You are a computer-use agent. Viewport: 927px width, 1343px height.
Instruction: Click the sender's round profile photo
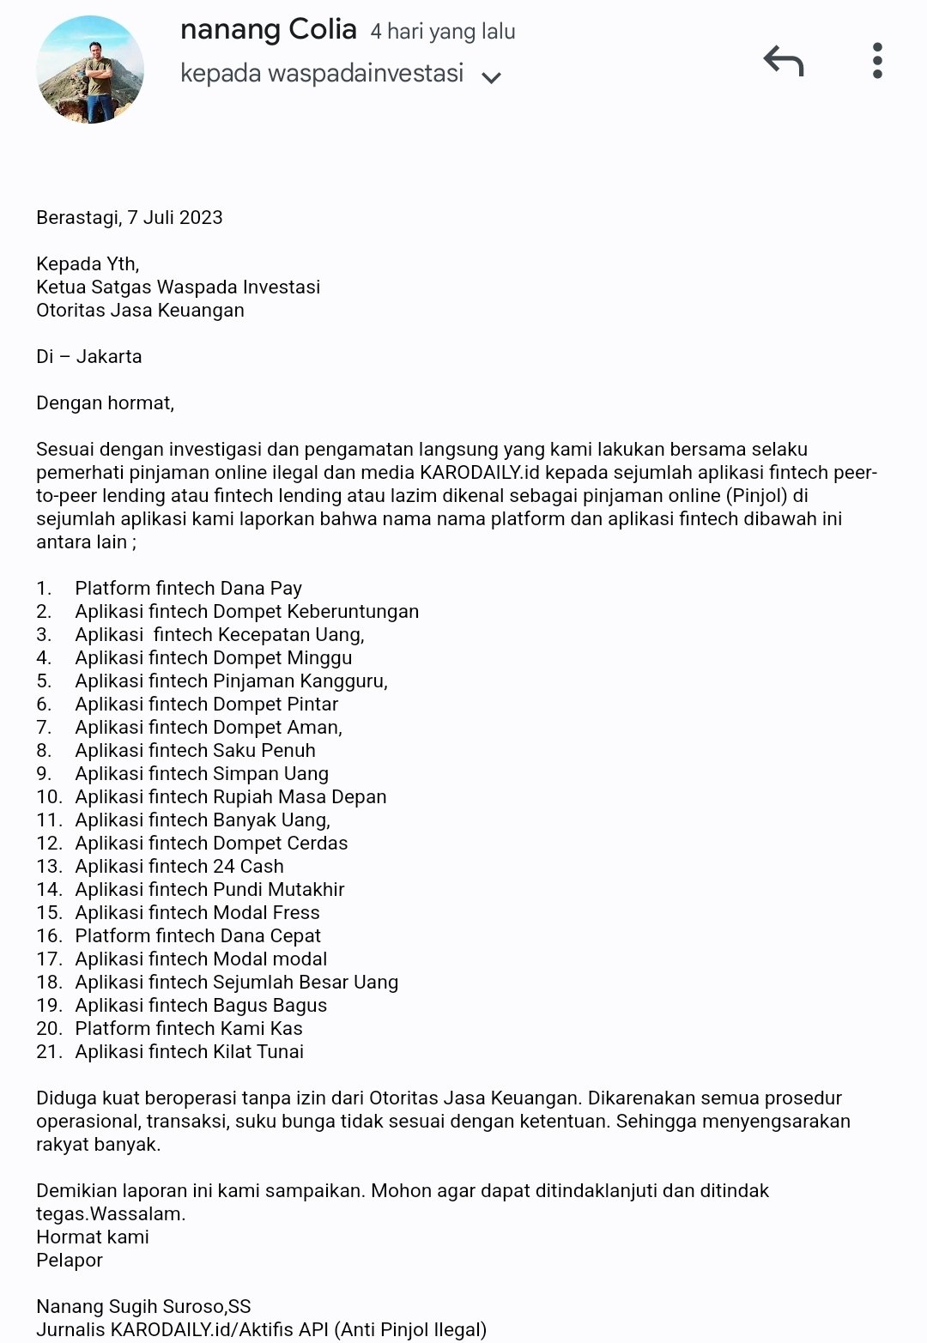90,70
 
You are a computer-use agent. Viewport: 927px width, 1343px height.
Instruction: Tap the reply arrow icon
783,61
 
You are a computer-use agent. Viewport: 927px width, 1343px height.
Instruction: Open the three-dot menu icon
876,61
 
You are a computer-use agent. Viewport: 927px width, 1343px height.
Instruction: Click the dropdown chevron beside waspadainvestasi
491,77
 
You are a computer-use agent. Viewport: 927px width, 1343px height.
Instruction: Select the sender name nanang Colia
268,30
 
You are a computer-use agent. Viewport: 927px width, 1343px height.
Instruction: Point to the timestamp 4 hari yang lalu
443,33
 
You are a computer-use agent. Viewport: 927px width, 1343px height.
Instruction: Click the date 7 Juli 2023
175,218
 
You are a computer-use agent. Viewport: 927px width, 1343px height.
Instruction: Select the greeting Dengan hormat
105,403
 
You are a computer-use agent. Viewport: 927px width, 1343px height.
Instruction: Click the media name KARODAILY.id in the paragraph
480,473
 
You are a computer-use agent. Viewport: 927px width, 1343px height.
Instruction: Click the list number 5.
44,681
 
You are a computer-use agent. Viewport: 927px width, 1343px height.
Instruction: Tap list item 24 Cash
248,867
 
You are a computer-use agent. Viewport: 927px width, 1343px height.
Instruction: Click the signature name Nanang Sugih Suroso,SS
143,1307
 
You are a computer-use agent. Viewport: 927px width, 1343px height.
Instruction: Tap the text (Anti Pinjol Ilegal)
410,1330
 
